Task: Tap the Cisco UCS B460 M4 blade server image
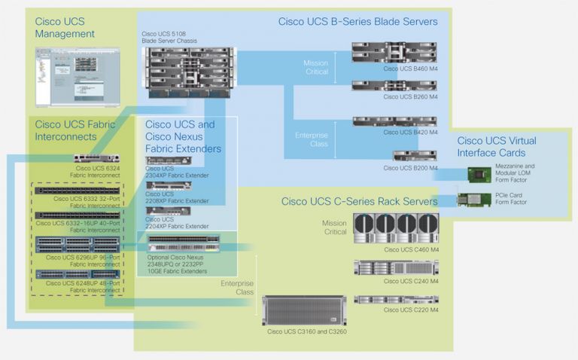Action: (394, 52)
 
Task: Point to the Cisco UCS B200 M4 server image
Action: (415, 156)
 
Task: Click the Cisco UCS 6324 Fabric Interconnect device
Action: (96, 159)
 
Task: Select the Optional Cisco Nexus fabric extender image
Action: (184, 244)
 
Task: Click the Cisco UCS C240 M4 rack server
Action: (394, 267)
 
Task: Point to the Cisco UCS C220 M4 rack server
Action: (394, 298)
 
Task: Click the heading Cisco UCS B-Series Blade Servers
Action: (357, 22)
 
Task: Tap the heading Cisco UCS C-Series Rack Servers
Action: (359, 201)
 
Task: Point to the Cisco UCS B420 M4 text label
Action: (410, 133)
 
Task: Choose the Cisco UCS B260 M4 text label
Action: (410, 96)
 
